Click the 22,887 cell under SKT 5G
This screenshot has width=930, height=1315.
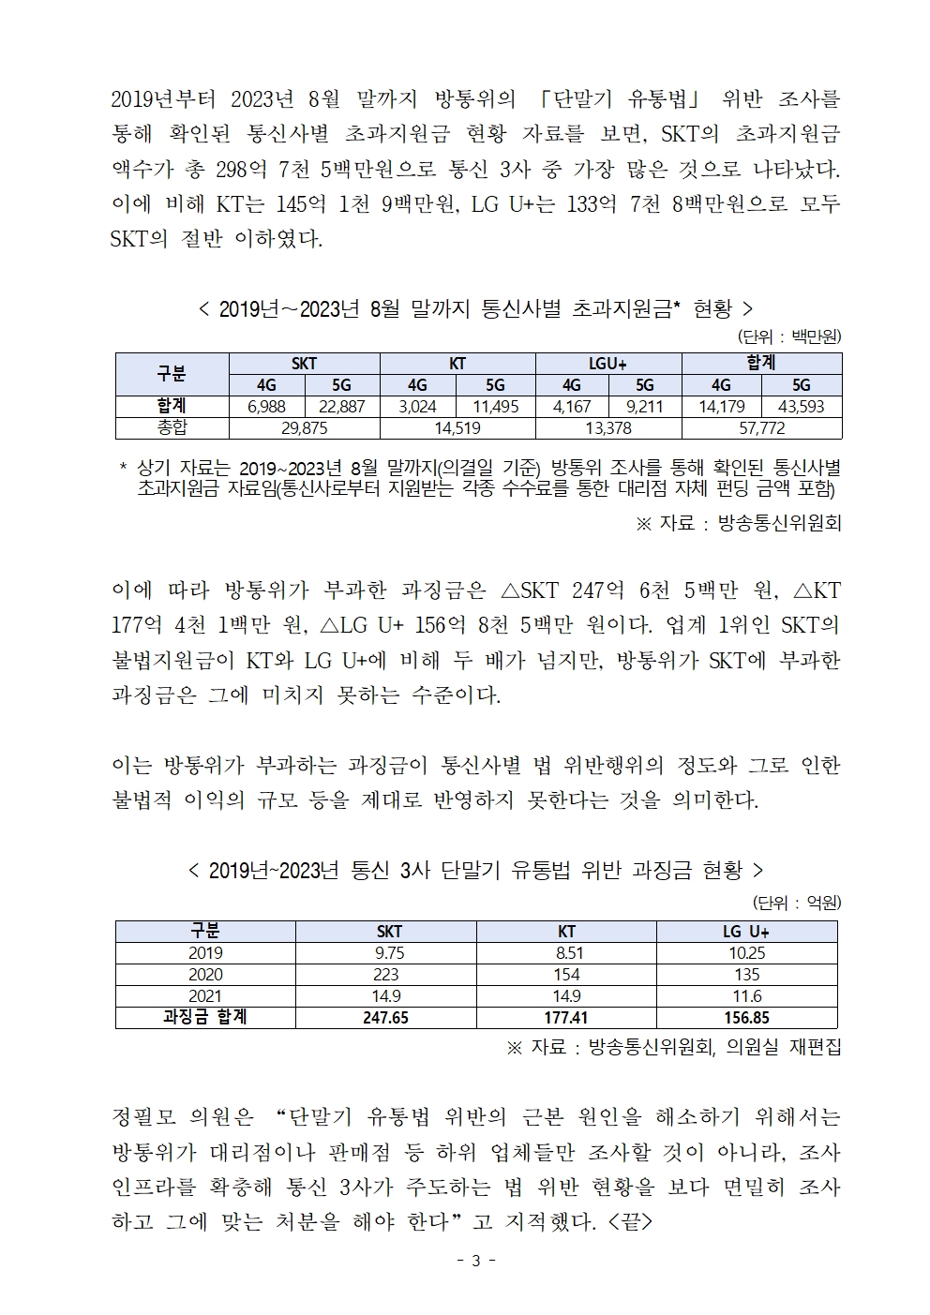(341, 407)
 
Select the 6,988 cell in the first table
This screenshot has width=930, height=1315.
(266, 407)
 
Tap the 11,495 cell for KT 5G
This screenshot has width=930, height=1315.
(496, 407)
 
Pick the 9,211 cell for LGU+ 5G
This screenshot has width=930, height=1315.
(644, 407)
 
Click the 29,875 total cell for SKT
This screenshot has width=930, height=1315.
(304, 428)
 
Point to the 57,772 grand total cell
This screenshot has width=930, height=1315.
(761, 428)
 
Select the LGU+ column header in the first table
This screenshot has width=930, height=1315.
(607, 364)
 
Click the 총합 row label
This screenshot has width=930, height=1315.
(172, 428)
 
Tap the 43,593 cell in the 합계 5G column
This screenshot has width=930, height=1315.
(801, 407)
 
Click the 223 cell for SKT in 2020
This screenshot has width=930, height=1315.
(385, 975)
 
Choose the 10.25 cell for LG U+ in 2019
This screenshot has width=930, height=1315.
(746, 953)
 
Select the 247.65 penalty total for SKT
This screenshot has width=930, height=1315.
(385, 1018)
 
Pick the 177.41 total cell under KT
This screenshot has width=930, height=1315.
(566, 1018)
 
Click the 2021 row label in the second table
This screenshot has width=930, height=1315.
(205, 996)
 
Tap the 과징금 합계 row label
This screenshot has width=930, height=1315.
(205, 1018)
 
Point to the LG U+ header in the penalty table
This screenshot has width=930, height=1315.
(746, 932)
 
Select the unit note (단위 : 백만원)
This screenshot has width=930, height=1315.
(789, 336)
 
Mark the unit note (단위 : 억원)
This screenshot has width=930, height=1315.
(797, 904)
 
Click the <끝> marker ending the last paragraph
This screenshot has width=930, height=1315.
(629, 1223)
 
